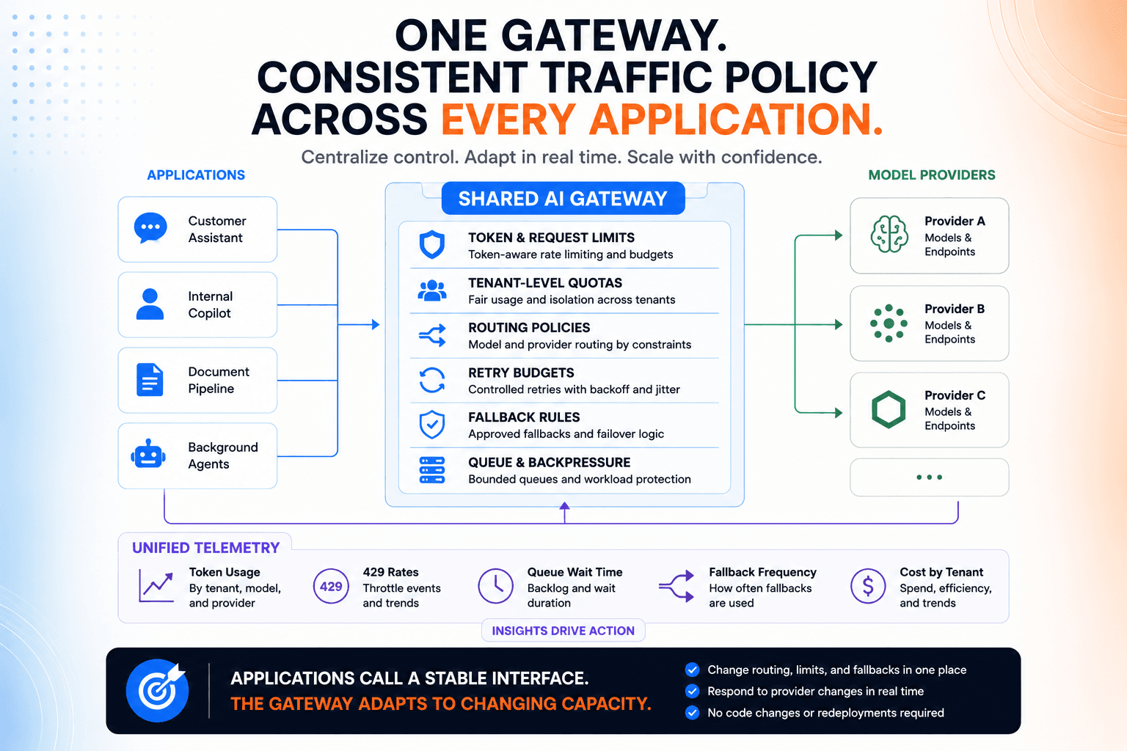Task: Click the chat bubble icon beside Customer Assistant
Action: [150, 228]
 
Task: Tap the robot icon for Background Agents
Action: [148, 454]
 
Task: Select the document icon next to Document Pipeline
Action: [150, 379]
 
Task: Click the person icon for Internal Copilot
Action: [150, 304]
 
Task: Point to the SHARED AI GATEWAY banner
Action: [563, 199]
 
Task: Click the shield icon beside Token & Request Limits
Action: [432, 244]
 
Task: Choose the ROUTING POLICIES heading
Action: [529, 327]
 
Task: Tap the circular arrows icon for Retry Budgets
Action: [432, 380]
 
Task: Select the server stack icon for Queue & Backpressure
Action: [432, 470]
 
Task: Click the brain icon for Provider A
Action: [889, 234]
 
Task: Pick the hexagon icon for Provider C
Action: [889, 409]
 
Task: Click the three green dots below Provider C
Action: [930, 477]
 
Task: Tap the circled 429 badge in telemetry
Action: [331, 586]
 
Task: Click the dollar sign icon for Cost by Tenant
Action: [868, 586]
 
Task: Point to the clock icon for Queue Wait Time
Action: [495, 586]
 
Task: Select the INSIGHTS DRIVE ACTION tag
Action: [563, 630]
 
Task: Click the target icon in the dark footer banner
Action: [158, 690]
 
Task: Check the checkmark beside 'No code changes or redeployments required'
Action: [693, 713]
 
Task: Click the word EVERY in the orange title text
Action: [508, 120]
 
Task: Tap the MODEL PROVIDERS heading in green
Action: [932, 175]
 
